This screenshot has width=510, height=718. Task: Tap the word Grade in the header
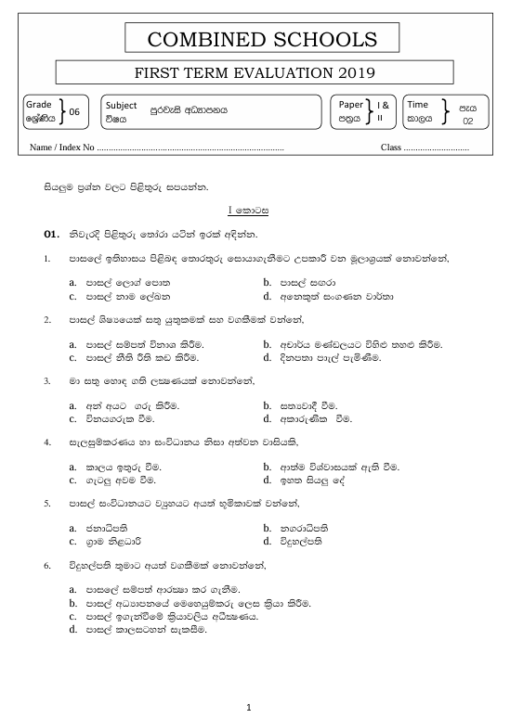pyautogui.click(x=37, y=105)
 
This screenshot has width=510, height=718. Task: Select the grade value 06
pyautogui.click(x=75, y=112)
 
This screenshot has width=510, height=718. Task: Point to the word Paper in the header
pyautogui.click(x=349, y=105)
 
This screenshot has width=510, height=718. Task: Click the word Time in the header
pyautogui.click(x=418, y=105)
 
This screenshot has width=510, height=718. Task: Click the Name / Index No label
pyautogui.click(x=62, y=147)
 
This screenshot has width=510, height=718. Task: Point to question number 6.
pyautogui.click(x=47, y=565)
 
